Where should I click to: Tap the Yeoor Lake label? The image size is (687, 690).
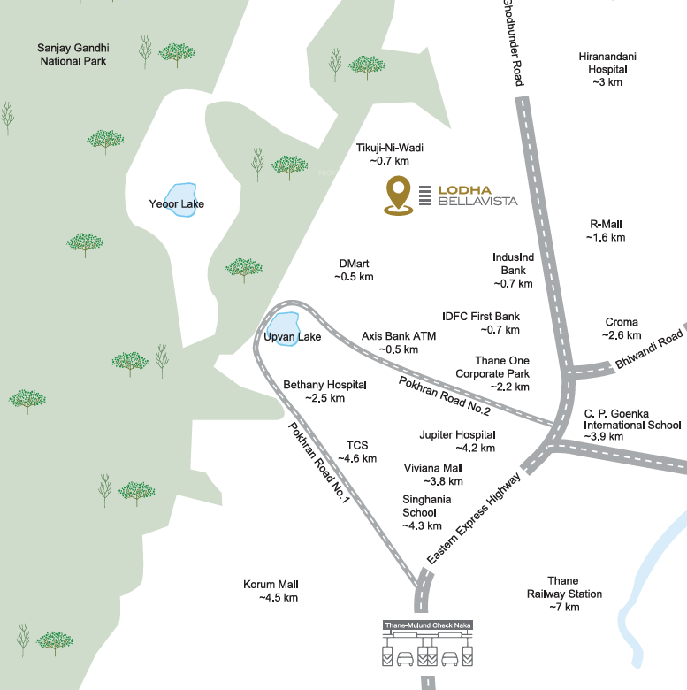(x=177, y=204)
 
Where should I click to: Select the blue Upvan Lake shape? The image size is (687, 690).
(x=284, y=326)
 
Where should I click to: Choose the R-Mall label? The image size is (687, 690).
(x=606, y=231)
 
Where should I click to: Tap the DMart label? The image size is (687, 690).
(x=354, y=270)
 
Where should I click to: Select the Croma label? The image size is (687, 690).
(x=622, y=328)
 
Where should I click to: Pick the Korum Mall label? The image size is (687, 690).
(x=271, y=591)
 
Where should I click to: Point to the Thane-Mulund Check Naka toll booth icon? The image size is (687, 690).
(x=428, y=645)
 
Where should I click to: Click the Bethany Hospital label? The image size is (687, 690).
(x=324, y=392)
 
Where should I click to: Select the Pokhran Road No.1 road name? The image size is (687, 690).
(x=320, y=463)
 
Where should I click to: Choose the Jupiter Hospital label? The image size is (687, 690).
(x=457, y=441)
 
